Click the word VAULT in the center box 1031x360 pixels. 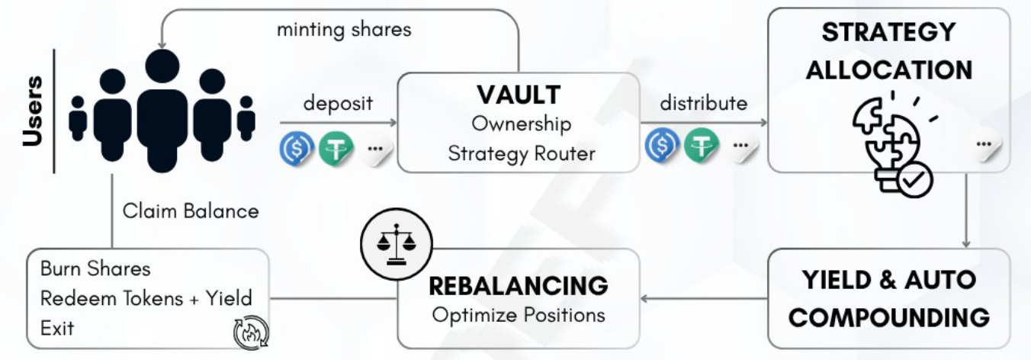pyautogui.click(x=519, y=94)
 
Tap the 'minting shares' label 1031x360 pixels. pyautogui.click(x=344, y=30)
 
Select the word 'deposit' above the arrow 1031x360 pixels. pyautogui.click(x=338, y=103)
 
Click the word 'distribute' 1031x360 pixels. pyautogui.click(x=703, y=103)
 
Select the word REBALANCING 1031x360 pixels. pyautogui.click(x=519, y=286)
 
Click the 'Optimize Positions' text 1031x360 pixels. pyautogui.click(x=519, y=314)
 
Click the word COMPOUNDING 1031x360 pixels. pyautogui.click(x=889, y=317)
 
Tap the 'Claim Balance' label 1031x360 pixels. pyautogui.click(x=191, y=211)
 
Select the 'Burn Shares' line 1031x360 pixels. pyautogui.click(x=95, y=268)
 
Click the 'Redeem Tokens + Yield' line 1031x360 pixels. pyautogui.click(x=146, y=298)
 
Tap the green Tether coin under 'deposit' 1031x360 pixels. pyautogui.click(x=334, y=148)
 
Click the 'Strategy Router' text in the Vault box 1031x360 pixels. pyautogui.click(x=522, y=153)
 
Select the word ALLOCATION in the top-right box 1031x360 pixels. pyautogui.click(x=889, y=69)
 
